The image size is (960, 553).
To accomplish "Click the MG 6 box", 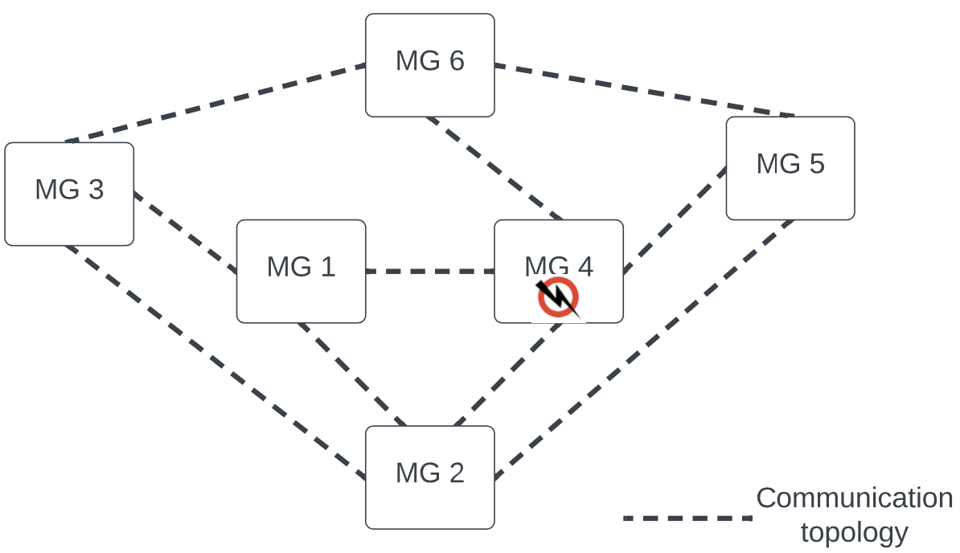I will pyautogui.click(x=430, y=65).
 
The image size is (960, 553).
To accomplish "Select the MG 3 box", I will pyautogui.click(x=69, y=194).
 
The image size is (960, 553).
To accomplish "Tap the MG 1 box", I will pyautogui.click(x=301, y=271).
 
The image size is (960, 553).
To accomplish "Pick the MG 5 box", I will pyautogui.click(x=790, y=168).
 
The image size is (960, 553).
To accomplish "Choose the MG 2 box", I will pyautogui.click(x=430, y=477).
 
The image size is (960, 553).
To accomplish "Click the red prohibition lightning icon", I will pyautogui.click(x=558, y=297).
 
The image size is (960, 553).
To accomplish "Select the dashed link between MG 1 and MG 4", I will pyautogui.click(x=430, y=272).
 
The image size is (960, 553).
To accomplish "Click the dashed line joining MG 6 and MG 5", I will pyautogui.click(x=643, y=90).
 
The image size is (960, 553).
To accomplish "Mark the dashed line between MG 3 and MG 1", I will pyautogui.click(x=185, y=233).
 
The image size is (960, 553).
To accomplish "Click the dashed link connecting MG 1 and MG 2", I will pyautogui.click(x=352, y=374).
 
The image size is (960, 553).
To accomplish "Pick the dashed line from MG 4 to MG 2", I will pyautogui.click(x=507, y=374).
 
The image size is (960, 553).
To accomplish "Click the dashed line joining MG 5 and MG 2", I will pyautogui.click(x=643, y=349).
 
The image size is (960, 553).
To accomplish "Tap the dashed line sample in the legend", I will pyautogui.click(x=687, y=518).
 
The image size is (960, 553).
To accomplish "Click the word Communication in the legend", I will pyautogui.click(x=854, y=498).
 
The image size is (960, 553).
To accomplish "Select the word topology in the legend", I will pyautogui.click(x=854, y=532).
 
